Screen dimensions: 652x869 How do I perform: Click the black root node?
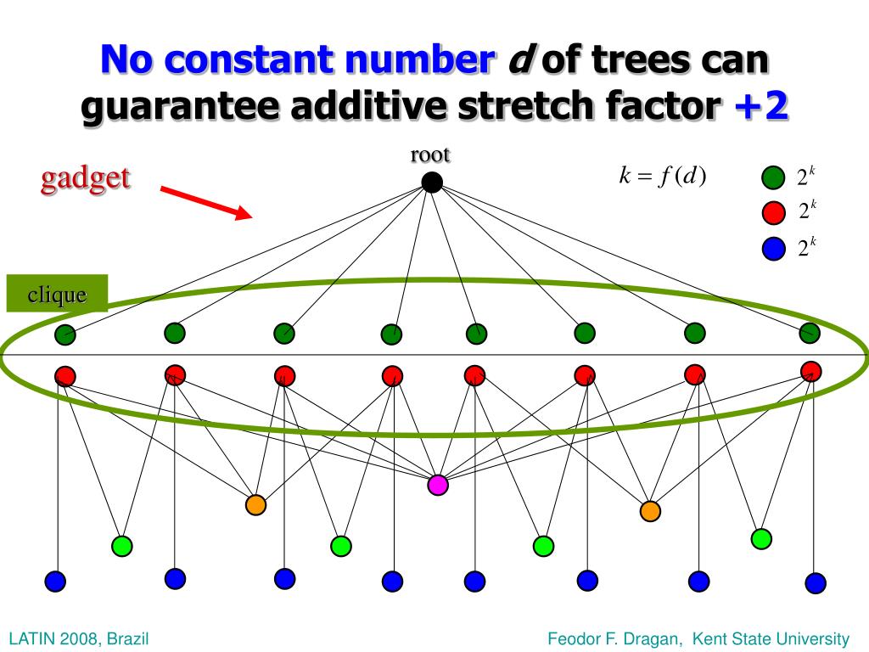click(432, 182)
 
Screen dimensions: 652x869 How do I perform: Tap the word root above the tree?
click(430, 155)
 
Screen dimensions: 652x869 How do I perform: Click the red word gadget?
click(86, 178)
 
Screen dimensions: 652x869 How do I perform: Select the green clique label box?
click(58, 294)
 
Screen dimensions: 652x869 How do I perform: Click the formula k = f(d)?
click(662, 176)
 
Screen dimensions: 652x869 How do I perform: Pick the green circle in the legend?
click(772, 177)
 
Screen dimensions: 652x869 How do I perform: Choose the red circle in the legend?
click(772, 212)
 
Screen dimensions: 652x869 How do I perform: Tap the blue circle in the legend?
click(772, 249)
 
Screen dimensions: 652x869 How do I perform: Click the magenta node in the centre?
click(437, 485)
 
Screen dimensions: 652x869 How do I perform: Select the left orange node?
click(255, 504)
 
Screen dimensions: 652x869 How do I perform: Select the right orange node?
click(650, 510)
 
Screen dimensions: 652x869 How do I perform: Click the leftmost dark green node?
click(65, 334)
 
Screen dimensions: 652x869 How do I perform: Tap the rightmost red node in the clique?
click(811, 371)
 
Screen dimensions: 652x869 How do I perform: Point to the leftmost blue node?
click(55, 581)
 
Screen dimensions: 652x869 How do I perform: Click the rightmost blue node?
click(815, 582)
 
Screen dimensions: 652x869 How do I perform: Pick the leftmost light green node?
click(121, 544)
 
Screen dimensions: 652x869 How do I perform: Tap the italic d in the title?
click(516, 59)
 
